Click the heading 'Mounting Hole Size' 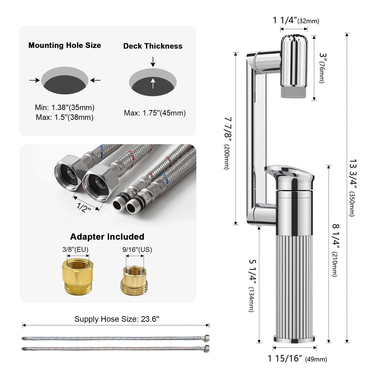[x=65, y=45]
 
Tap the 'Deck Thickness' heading [x=153, y=46]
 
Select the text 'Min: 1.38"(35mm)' [x=65, y=108]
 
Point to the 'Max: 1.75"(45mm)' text [x=155, y=113]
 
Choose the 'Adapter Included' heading [x=107, y=237]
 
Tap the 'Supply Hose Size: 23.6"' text [x=117, y=319]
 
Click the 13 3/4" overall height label [x=353, y=187]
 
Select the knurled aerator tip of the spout [x=294, y=92]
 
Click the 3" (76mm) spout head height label [x=322, y=68]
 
